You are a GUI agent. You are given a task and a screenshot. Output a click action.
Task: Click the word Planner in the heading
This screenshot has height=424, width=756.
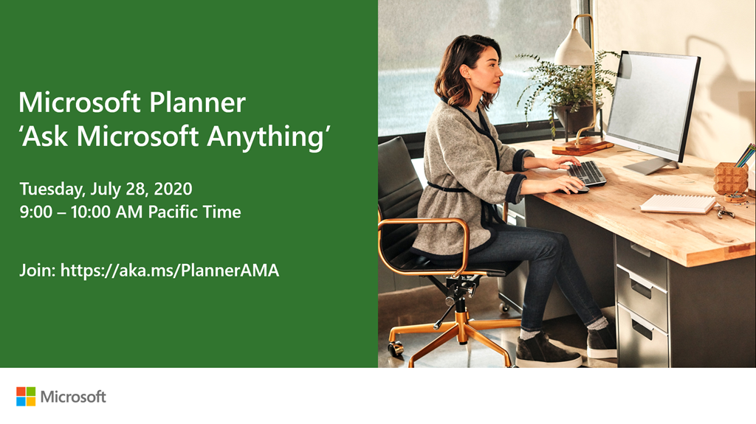pyautogui.click(x=197, y=102)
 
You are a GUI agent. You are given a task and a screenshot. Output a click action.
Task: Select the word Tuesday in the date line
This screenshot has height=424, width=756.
pyautogui.click(x=52, y=189)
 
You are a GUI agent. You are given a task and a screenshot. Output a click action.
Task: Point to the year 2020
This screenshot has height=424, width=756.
pyautogui.click(x=173, y=188)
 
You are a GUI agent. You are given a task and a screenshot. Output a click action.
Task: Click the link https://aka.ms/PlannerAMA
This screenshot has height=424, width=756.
pyautogui.click(x=170, y=271)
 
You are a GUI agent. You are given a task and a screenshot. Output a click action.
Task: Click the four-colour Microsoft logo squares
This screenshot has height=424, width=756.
pyautogui.click(x=26, y=397)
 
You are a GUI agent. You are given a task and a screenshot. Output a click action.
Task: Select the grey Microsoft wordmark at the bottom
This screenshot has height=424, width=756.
pyautogui.click(x=73, y=397)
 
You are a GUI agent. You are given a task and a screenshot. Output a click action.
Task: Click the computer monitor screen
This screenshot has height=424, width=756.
pyautogui.click(x=653, y=106)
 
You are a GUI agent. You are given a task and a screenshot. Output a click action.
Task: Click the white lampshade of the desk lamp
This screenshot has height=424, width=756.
pyautogui.click(x=573, y=48)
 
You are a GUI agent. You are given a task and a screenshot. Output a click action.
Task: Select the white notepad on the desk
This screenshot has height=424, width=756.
pyautogui.click(x=678, y=204)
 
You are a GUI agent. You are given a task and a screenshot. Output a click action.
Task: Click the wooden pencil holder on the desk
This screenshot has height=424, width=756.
pyautogui.click(x=731, y=178)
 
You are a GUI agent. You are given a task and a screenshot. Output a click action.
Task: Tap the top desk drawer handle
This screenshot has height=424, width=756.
pyautogui.click(x=641, y=250)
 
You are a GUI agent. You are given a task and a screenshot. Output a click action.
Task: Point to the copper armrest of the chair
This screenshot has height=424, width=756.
pyautogui.click(x=425, y=226)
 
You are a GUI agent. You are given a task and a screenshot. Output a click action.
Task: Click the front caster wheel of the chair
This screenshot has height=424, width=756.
pyautogui.click(x=396, y=348)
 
